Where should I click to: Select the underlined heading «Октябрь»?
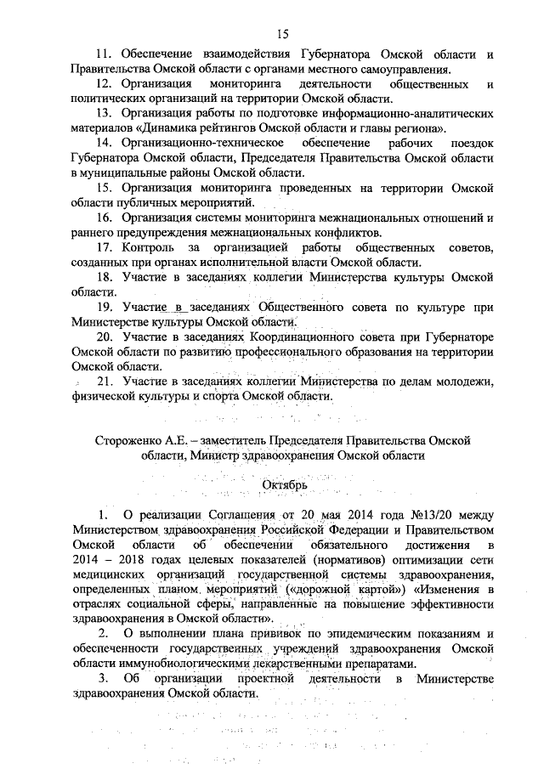271,484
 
